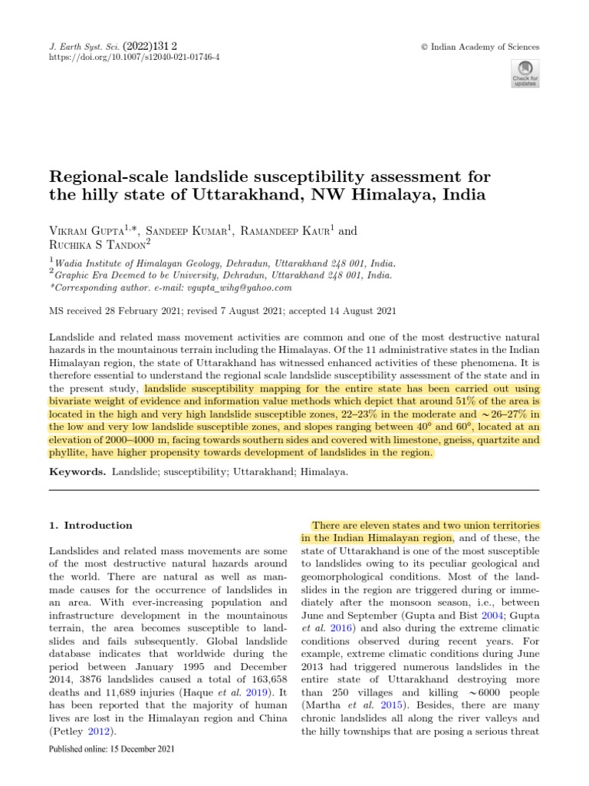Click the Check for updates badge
(525, 72)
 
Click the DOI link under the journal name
(134, 58)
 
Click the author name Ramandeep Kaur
(288, 231)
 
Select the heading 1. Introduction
(90, 526)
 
